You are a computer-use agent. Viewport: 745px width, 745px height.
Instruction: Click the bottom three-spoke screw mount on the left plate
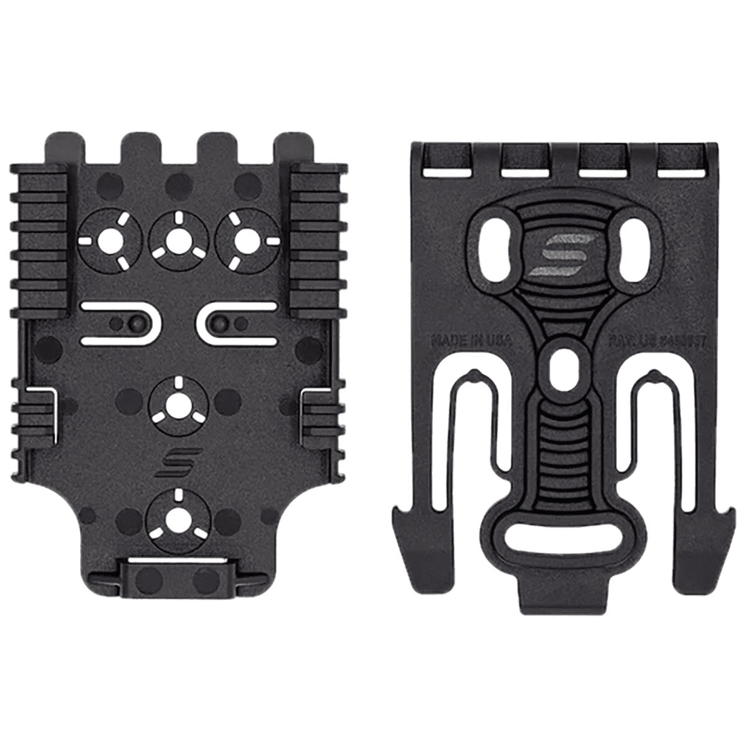tap(178, 515)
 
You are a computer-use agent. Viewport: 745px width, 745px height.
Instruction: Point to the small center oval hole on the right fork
tap(562, 366)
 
